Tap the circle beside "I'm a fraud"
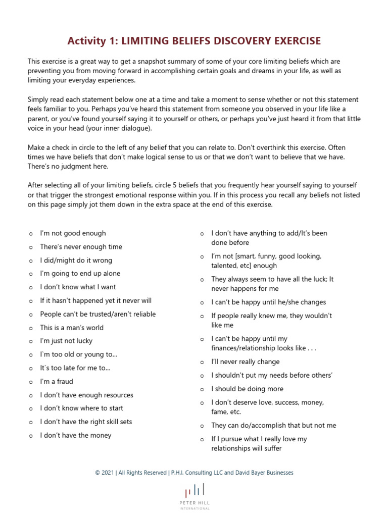30,382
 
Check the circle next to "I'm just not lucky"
30,342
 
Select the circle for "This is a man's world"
30,328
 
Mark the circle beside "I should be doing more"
202,390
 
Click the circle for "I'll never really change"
202,363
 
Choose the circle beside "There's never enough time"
30,247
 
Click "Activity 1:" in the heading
93,40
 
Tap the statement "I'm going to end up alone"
80,274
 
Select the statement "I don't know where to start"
81,408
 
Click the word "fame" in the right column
219,412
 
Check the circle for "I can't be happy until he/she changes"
202,303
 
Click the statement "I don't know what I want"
78,287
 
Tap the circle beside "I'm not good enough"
30,234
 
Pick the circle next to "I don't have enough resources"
30,396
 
